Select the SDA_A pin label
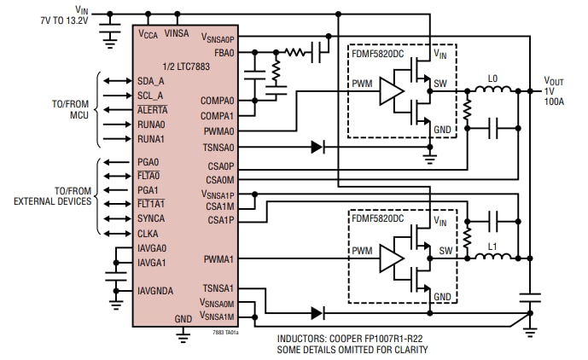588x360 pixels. (x=151, y=81)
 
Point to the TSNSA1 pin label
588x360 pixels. (x=218, y=289)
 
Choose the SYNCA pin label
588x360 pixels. (x=152, y=218)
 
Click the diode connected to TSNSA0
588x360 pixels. (x=319, y=147)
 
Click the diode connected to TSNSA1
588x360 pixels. (x=319, y=311)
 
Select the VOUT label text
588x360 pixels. (x=554, y=81)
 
